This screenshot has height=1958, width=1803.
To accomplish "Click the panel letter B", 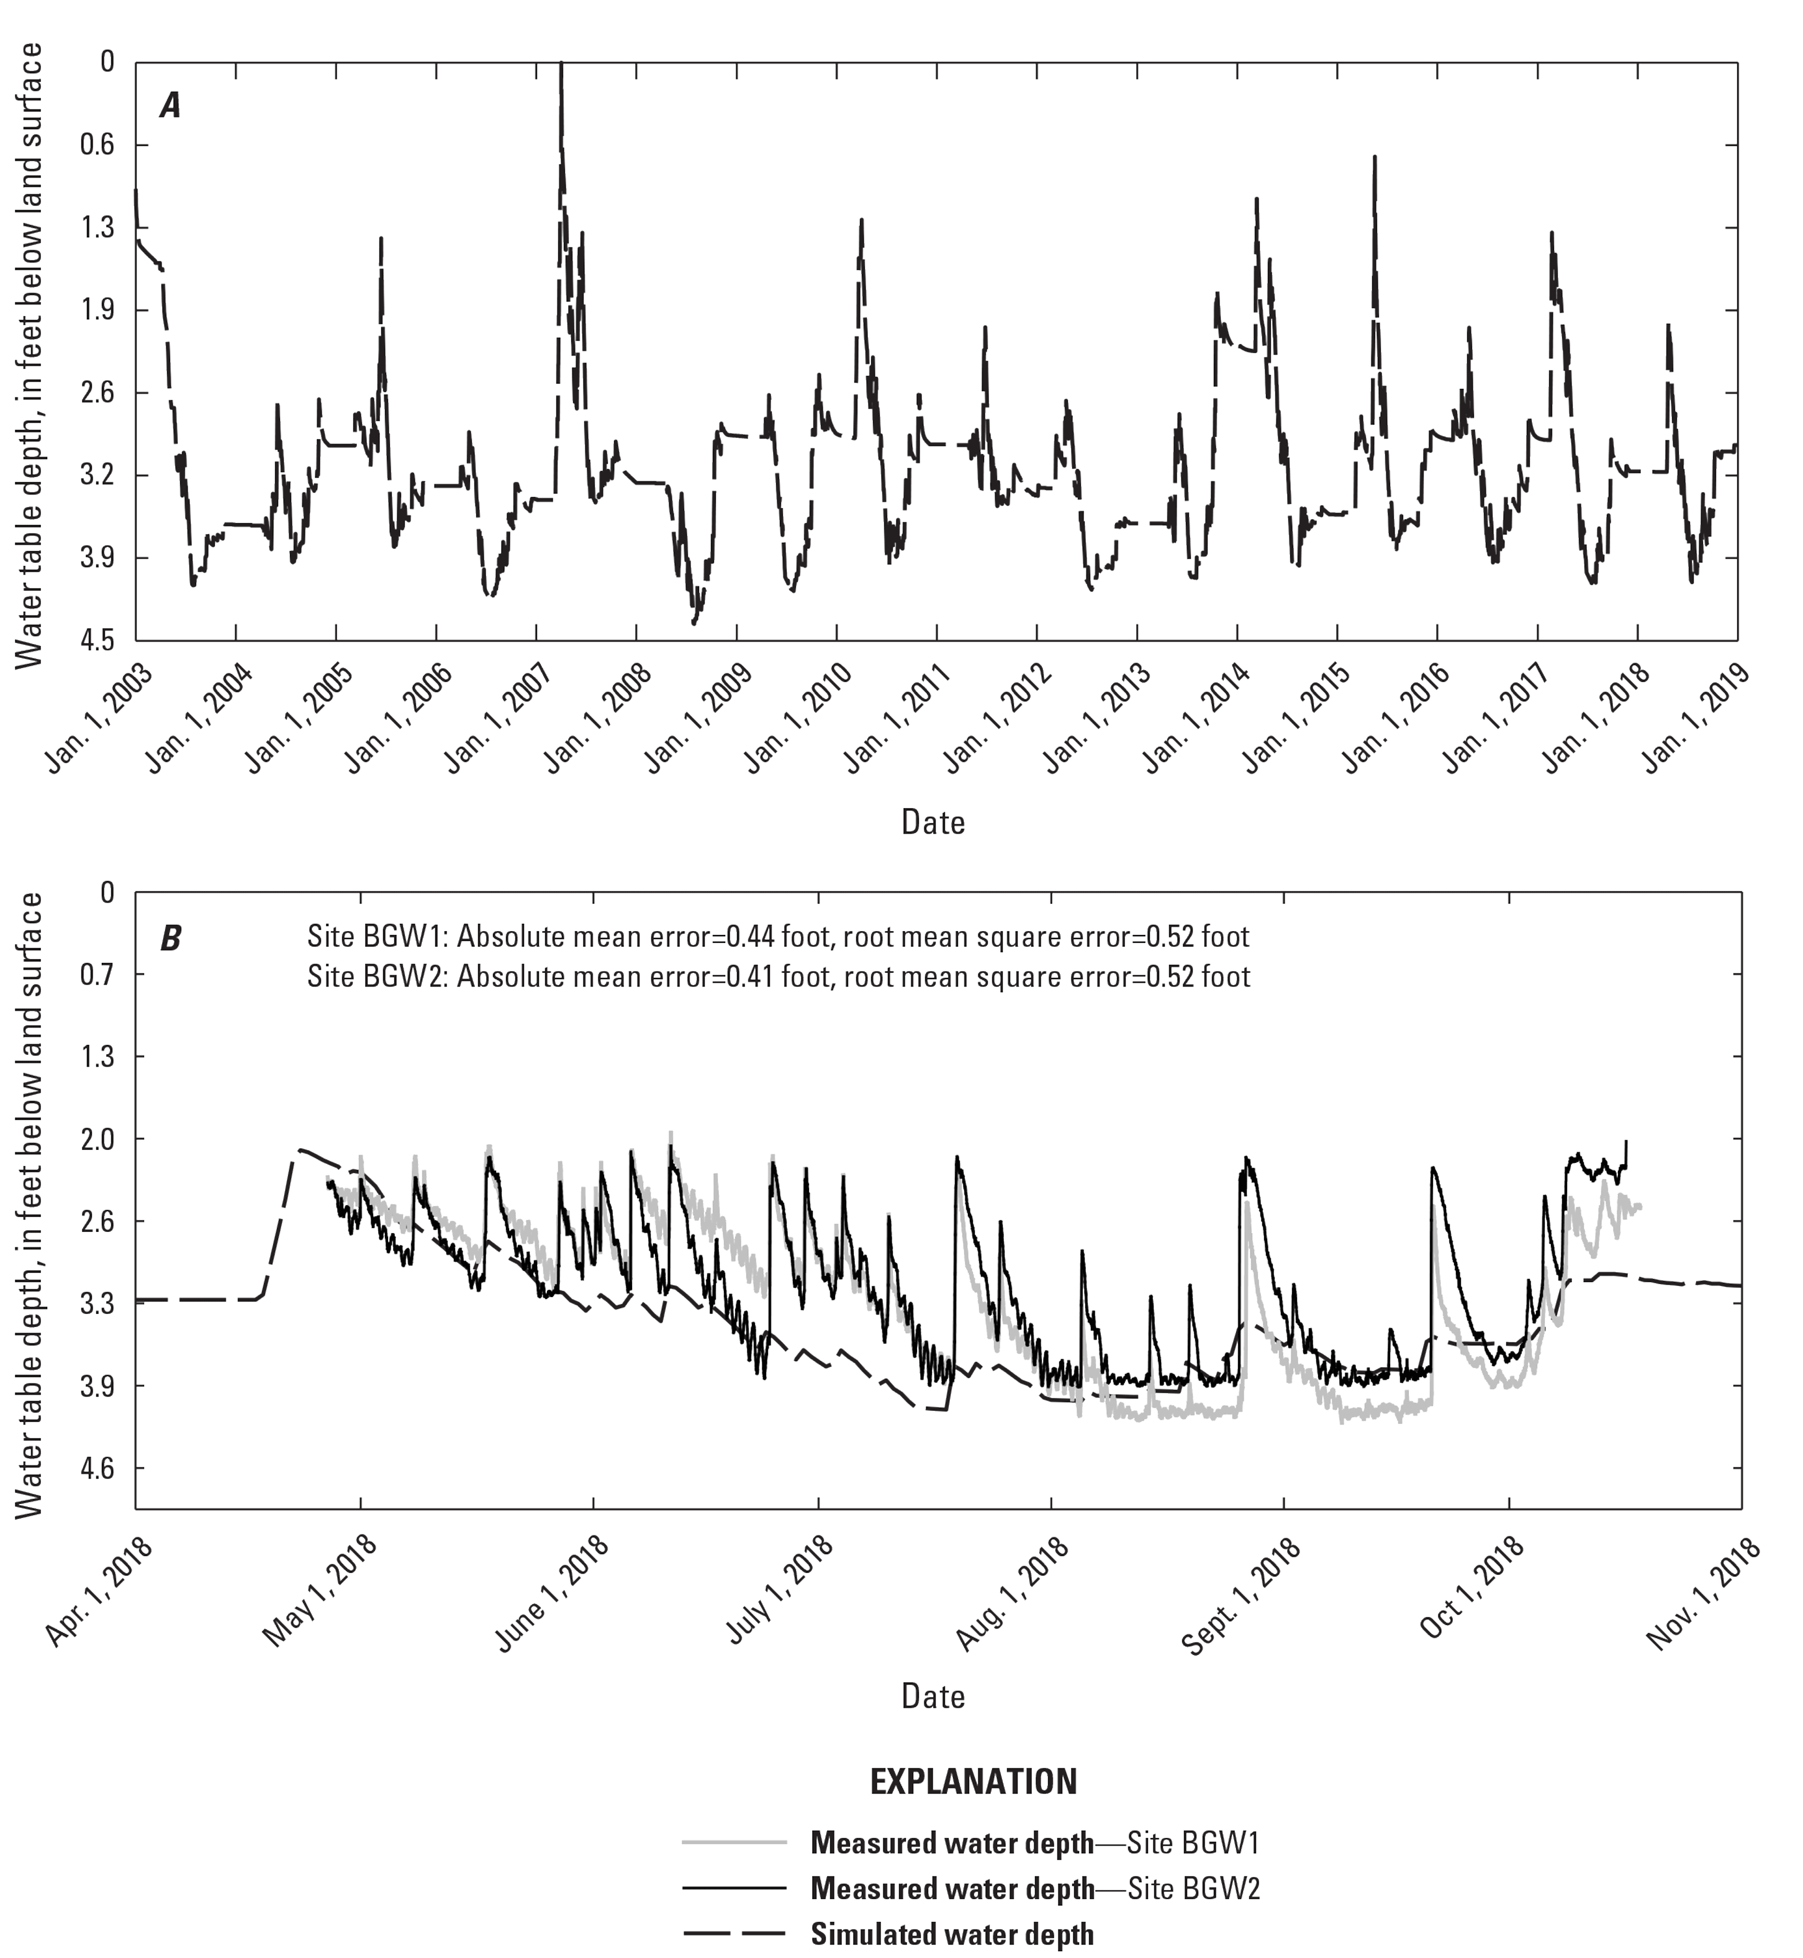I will coord(171,939).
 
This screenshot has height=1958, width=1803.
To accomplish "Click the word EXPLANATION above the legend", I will coord(973,1782).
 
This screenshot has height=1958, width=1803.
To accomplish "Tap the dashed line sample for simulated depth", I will coord(734,1934).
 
